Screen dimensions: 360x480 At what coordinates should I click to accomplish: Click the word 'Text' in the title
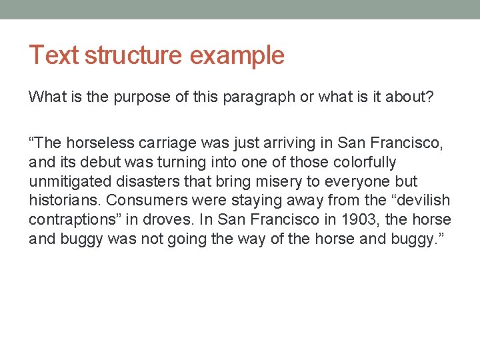[53, 55]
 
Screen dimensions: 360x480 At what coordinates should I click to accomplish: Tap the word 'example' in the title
[237, 55]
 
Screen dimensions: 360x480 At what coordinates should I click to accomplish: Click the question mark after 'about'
[430, 97]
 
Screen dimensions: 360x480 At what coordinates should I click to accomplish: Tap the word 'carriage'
[159, 143]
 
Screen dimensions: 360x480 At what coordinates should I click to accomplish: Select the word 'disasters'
[143, 181]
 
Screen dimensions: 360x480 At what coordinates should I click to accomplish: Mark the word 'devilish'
[422, 201]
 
